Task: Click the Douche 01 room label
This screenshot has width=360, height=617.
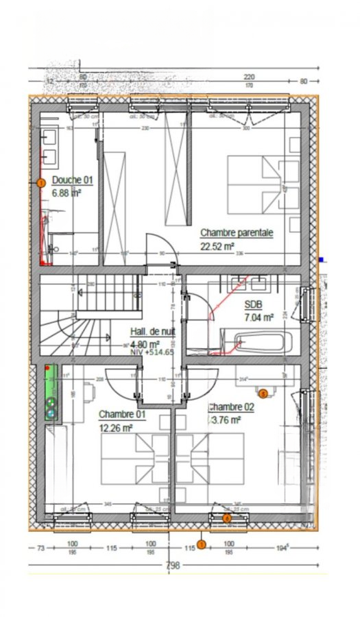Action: pos(72,180)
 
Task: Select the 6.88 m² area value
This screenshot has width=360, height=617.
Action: pos(67,193)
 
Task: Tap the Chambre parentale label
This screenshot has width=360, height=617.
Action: pos(236,233)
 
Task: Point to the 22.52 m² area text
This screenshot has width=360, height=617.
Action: pos(217,247)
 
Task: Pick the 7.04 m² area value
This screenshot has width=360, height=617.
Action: pos(259,317)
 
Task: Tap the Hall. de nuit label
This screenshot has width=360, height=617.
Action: pos(154,332)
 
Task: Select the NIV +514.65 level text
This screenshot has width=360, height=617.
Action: pos(152,352)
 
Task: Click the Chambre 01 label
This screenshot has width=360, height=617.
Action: pos(122,415)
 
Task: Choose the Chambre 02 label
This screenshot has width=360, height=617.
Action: pos(231,406)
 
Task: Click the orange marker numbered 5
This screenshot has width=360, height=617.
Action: pos(263,394)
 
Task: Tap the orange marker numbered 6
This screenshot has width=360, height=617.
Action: pos(227,518)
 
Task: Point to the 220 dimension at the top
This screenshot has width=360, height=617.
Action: pos(248,77)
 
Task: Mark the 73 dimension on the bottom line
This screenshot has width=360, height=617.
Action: pos(41,548)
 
